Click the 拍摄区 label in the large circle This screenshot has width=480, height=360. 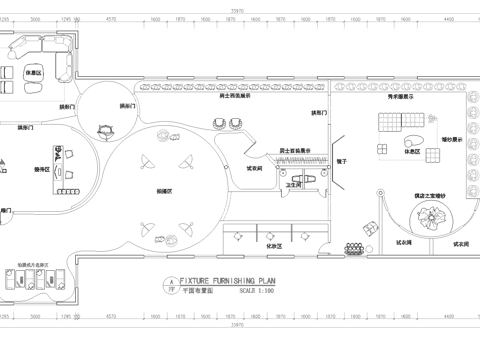tap(165, 189)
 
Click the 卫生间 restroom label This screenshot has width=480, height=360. tap(295, 185)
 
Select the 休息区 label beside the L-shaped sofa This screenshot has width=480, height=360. tap(33, 74)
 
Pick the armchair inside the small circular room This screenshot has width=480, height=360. tap(105, 127)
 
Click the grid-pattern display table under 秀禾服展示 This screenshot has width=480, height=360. tap(385, 123)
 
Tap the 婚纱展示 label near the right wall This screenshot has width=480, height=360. tap(451, 141)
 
